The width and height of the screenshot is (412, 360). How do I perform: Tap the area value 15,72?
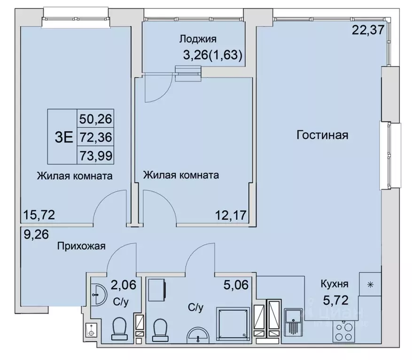(39, 215)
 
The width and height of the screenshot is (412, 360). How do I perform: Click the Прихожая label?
(82, 245)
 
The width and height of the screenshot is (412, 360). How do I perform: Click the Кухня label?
(334, 284)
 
